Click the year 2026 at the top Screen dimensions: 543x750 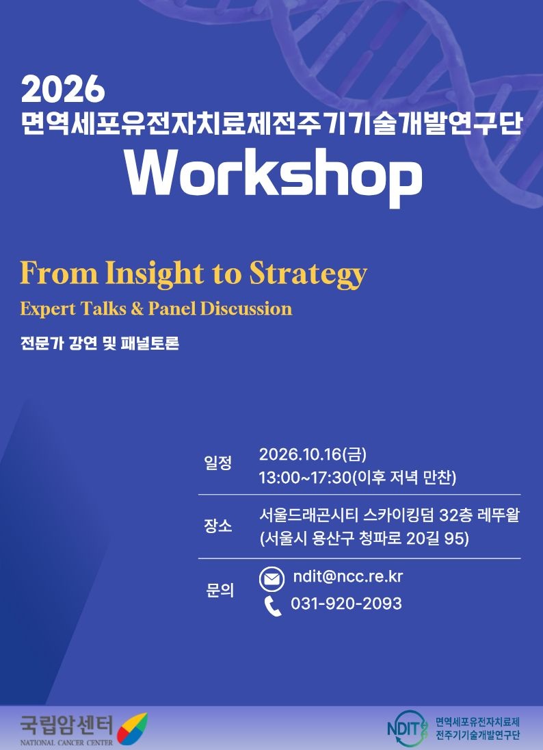(x=63, y=89)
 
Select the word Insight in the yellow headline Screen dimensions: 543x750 (x=154, y=274)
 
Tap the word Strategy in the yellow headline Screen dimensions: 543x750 (x=308, y=274)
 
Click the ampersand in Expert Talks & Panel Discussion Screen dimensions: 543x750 (x=137, y=309)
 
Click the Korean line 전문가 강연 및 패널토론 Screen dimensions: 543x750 (x=100, y=344)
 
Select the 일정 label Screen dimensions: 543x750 (x=218, y=463)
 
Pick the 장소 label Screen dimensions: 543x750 (x=218, y=526)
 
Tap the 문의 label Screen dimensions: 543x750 (x=220, y=591)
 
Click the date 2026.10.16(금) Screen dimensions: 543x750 (x=313, y=454)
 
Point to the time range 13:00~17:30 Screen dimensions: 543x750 (x=305, y=478)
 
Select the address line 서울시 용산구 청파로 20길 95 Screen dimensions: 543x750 (x=365, y=539)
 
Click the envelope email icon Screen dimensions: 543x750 (x=272, y=579)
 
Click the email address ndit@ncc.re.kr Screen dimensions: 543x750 (x=348, y=576)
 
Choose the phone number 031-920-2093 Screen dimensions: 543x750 (x=346, y=604)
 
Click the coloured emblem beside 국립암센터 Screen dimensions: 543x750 (x=133, y=729)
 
